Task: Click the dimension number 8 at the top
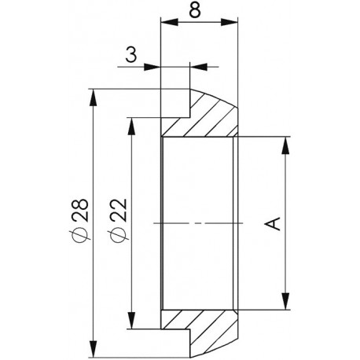click(195, 10)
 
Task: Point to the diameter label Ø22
click(119, 219)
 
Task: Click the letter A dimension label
click(274, 223)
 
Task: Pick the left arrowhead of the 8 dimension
click(169, 22)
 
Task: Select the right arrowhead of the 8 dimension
click(229, 22)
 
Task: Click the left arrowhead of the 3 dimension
click(152, 67)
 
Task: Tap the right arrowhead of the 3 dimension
click(198, 67)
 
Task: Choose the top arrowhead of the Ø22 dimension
click(131, 127)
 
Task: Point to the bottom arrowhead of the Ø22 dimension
click(131, 320)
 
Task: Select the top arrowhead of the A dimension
click(285, 145)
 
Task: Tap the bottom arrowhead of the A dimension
click(285, 301)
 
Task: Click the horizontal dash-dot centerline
click(198, 223)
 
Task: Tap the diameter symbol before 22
click(119, 234)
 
